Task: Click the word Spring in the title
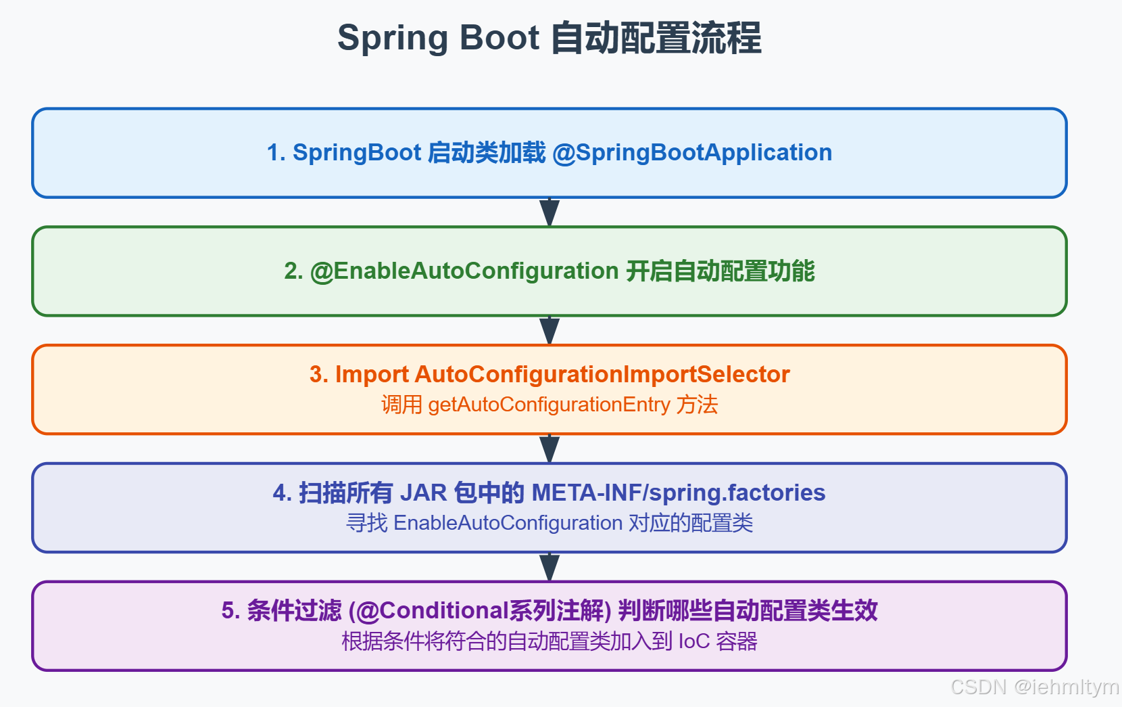[391, 39]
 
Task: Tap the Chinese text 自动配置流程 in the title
[656, 39]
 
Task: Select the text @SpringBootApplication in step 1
[692, 153]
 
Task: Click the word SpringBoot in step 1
[357, 153]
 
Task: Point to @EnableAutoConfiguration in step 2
[464, 271]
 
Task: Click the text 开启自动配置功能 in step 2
[720, 271]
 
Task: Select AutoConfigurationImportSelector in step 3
[602, 374]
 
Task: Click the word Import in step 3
[372, 374]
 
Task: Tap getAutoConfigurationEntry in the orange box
[549, 405]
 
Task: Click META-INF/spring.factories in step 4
[679, 493]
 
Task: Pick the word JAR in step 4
[423, 493]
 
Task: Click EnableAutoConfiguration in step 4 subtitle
[508, 523]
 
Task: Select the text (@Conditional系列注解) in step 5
[480, 611]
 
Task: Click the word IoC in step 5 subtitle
[693, 641]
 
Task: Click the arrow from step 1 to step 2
[550, 212]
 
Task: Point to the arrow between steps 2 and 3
[550, 330]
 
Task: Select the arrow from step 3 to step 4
[550, 449]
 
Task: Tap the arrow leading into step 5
[550, 567]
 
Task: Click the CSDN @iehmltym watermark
[1034, 687]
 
